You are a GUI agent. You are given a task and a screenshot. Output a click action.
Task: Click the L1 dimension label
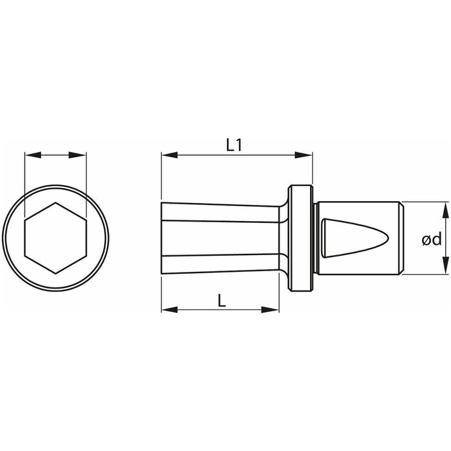click(235, 145)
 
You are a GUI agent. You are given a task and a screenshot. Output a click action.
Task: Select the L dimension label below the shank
click(222, 301)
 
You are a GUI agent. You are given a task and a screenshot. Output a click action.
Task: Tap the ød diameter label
click(432, 239)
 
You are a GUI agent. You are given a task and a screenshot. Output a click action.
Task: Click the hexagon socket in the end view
click(55, 238)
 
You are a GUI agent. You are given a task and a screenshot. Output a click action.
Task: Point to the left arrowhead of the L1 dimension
click(169, 155)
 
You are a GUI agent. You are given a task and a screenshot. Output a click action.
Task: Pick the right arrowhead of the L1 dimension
click(304, 155)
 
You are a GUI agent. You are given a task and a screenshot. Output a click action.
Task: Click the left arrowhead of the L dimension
click(169, 310)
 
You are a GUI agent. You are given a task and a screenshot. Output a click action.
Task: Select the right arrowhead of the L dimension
click(271, 310)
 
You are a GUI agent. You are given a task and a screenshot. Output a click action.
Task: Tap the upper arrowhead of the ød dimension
click(445, 210)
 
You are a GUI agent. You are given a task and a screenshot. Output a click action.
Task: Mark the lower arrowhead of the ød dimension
click(445, 266)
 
